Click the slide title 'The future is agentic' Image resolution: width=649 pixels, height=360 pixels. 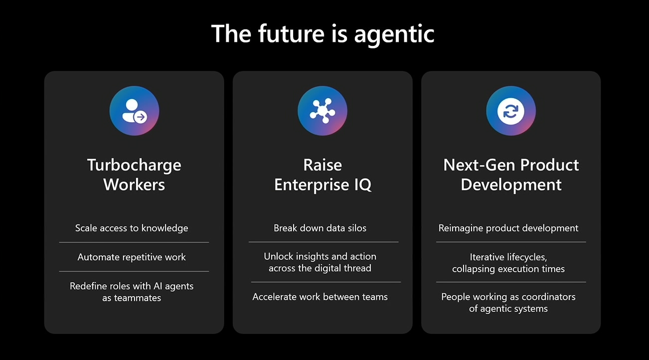coord(323,34)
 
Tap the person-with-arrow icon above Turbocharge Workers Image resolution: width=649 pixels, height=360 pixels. coord(134,111)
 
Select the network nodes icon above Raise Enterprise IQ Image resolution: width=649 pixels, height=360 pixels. coord(323,111)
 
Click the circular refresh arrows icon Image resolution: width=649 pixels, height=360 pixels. coord(511,111)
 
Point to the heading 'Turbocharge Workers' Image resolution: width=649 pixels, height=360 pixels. coord(134,175)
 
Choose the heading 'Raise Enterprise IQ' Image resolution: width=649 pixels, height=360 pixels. coord(323,175)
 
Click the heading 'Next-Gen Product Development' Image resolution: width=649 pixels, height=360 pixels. coord(511,175)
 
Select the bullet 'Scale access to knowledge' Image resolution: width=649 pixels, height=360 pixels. coord(132,228)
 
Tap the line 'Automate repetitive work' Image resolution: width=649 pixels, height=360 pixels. coord(132,257)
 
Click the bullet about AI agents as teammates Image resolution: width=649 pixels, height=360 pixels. coord(132,292)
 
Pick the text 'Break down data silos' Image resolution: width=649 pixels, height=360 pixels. coord(320,228)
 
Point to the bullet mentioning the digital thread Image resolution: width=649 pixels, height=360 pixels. coord(320,262)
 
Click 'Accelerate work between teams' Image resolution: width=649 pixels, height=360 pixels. coord(320,297)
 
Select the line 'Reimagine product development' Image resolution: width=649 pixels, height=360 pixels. coord(508,228)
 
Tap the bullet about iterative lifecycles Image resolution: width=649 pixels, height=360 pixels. coord(508,263)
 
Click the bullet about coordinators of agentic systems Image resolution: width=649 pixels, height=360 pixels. coord(508,303)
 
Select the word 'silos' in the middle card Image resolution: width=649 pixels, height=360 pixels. coord(355,228)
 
